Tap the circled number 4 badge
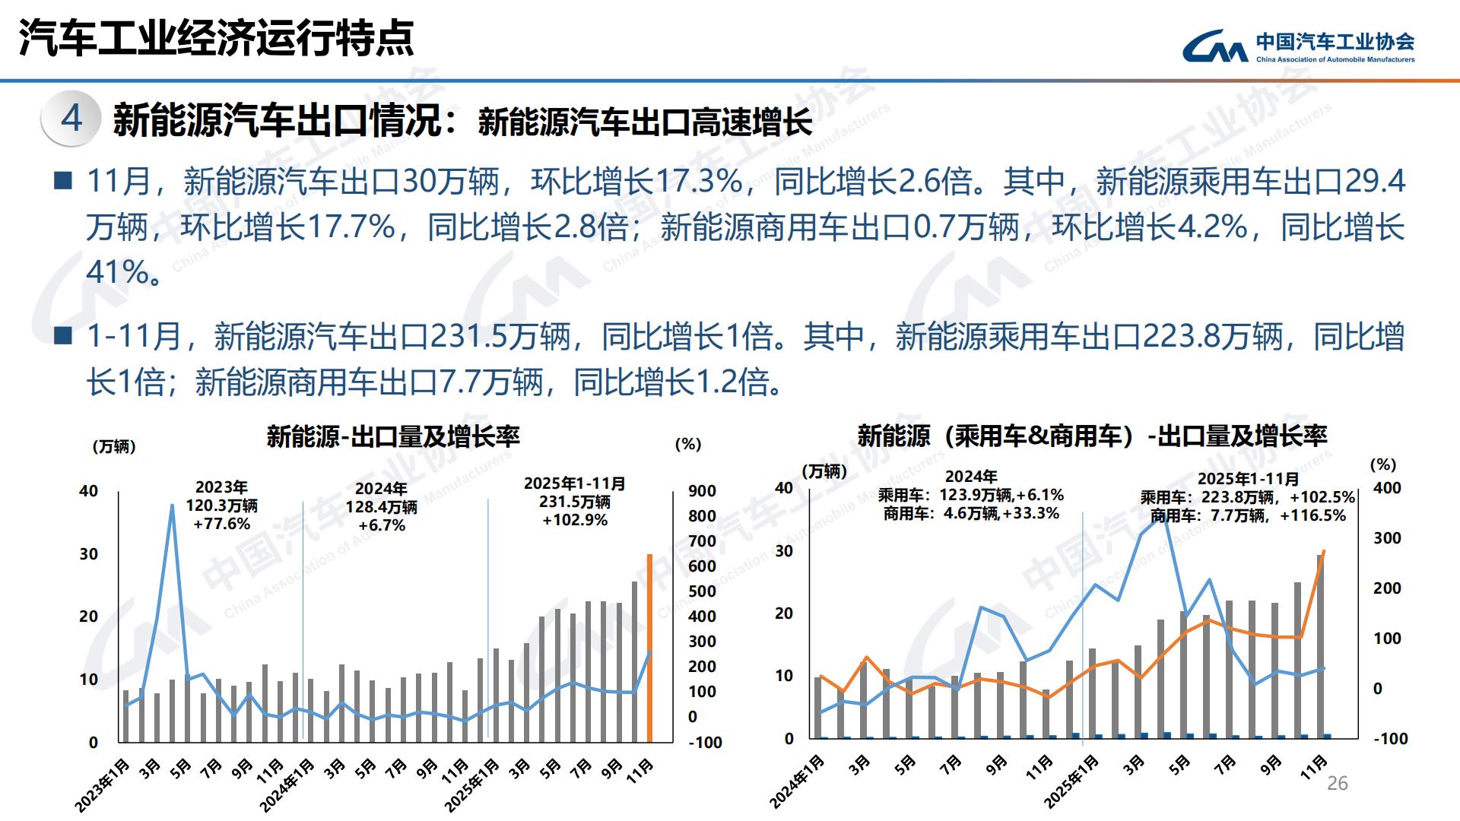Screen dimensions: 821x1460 tap(71, 119)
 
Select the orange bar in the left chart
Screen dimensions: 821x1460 tap(649, 648)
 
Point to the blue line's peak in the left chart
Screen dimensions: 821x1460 tap(172, 506)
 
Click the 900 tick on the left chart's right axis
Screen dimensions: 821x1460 tap(702, 491)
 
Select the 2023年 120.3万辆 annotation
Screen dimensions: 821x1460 tap(221, 506)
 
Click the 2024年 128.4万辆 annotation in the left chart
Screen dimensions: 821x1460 tap(381, 507)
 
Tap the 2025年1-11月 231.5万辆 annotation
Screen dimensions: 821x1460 tap(575, 502)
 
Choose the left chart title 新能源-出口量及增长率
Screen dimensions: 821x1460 tap(393, 436)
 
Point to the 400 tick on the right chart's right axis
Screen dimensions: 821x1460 tap(1387, 488)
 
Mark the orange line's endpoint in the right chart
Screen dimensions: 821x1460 tap(1324, 552)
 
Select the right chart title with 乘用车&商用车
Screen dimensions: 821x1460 tap(1092, 436)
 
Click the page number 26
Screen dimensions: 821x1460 tap(1337, 784)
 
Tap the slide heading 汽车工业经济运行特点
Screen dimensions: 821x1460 tap(217, 38)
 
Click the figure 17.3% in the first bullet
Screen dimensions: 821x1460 tap(699, 181)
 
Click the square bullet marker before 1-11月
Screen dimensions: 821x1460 tap(64, 334)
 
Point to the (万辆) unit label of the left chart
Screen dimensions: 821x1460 tap(114, 446)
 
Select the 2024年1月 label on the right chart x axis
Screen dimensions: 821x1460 tap(798, 781)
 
